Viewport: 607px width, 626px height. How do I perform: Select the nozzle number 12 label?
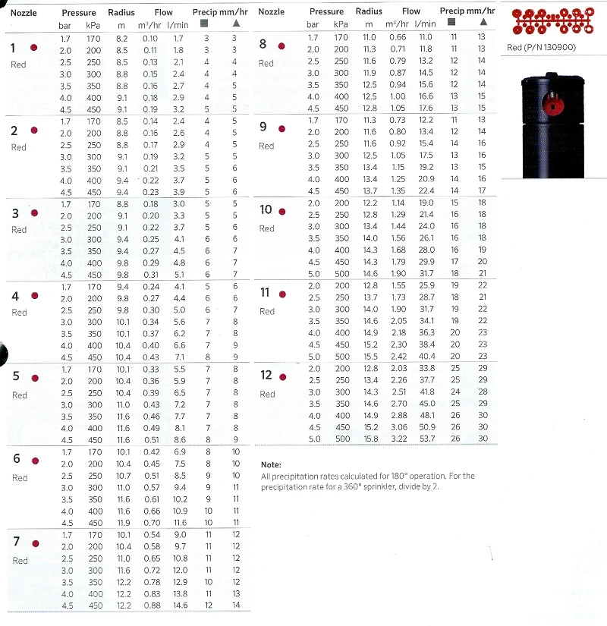pyautogui.click(x=266, y=376)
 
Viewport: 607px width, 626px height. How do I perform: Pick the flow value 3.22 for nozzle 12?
pyautogui.click(x=398, y=439)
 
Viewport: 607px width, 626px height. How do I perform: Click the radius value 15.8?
pyautogui.click(x=370, y=439)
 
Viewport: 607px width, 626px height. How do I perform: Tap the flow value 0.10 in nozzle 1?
pyautogui.click(x=151, y=39)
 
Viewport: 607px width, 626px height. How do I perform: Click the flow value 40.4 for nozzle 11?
pyautogui.click(x=426, y=357)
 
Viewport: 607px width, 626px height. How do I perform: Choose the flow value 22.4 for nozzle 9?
pyautogui.click(x=426, y=190)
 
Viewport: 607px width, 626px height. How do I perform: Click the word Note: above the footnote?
pyautogui.click(x=271, y=464)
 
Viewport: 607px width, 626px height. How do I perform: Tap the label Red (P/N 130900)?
pyautogui.click(x=539, y=48)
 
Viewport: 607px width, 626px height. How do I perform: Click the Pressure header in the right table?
pyautogui.click(x=327, y=11)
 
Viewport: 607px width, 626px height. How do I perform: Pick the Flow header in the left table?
pyautogui.click(x=164, y=13)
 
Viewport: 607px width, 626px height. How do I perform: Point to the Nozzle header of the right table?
pyautogui.click(x=272, y=11)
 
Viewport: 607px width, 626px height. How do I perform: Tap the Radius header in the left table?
pyautogui.click(x=121, y=13)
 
